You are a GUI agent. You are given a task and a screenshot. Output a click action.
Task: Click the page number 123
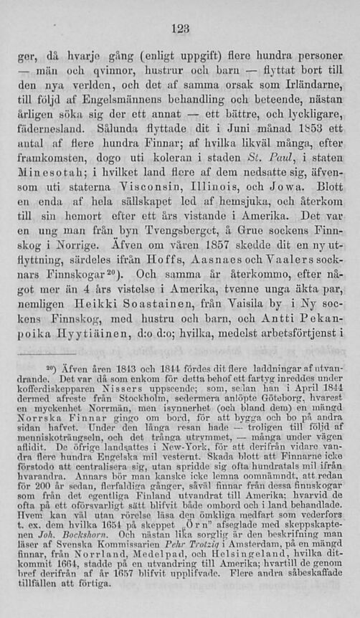click(180, 28)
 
